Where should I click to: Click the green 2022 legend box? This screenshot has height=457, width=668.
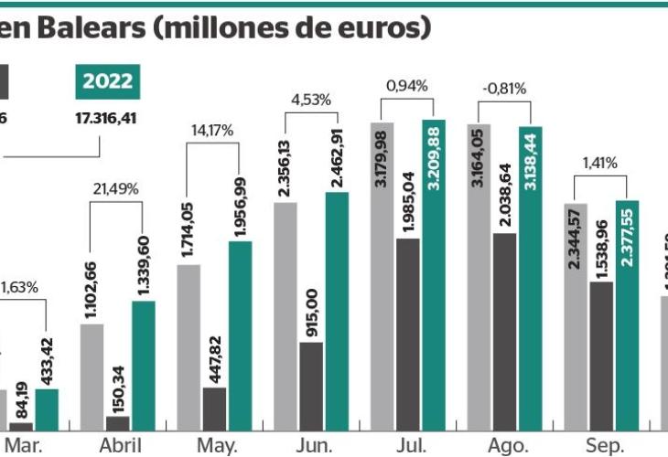coord(108,81)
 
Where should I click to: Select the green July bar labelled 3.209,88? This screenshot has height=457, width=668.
coord(434,274)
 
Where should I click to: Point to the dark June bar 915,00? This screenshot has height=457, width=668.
coord(312,385)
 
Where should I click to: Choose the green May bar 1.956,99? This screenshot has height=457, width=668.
coord(240,335)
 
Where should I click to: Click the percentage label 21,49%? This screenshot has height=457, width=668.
coord(116,189)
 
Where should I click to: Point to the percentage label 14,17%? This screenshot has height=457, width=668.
coord(212,130)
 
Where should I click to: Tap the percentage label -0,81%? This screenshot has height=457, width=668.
coord(504,89)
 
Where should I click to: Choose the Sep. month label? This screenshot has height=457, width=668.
coord(604,446)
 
